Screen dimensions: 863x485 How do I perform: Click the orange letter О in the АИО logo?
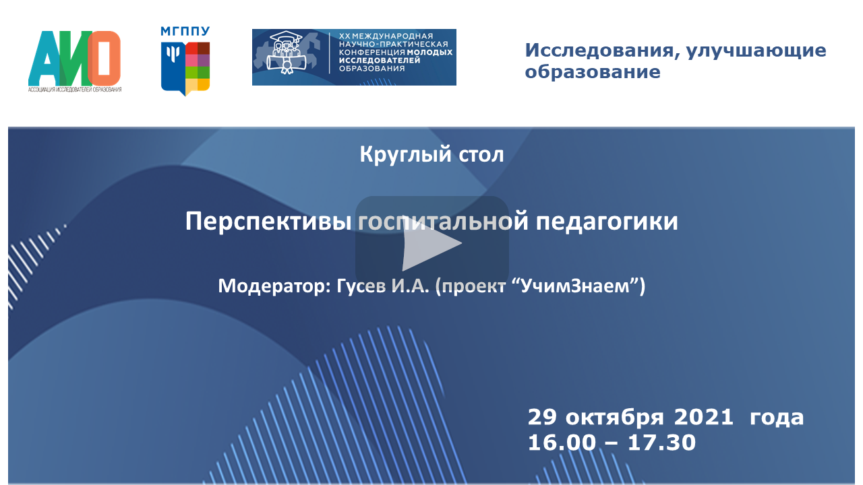coord(104,58)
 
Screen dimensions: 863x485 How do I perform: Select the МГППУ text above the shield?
coord(185,31)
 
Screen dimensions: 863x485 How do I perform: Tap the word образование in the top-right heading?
coord(593,72)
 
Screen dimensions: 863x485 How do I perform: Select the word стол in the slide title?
coord(481,155)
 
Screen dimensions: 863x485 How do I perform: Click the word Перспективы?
coord(268,222)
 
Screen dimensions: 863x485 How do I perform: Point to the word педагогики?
coord(607,222)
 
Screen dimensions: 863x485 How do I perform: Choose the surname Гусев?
coord(361,286)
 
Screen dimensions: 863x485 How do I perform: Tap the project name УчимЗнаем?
coord(575,286)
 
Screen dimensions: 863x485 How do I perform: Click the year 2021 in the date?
coord(703,417)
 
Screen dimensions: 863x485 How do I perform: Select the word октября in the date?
coord(615,418)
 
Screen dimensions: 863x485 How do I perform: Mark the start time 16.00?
coord(562,443)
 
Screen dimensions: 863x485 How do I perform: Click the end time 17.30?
coord(662,443)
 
